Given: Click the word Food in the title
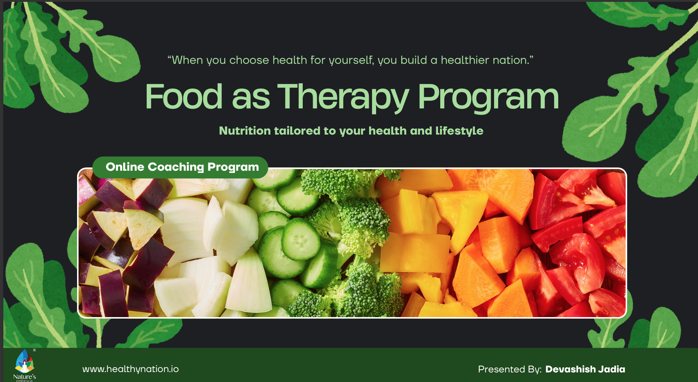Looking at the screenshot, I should coord(184,97).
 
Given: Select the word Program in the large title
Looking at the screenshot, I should coord(488,97).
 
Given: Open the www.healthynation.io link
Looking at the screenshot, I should coord(131,369).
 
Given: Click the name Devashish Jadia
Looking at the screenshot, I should coord(585,369).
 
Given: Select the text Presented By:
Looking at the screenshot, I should coord(510,369).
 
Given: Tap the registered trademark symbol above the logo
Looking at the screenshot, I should coord(34,350).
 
